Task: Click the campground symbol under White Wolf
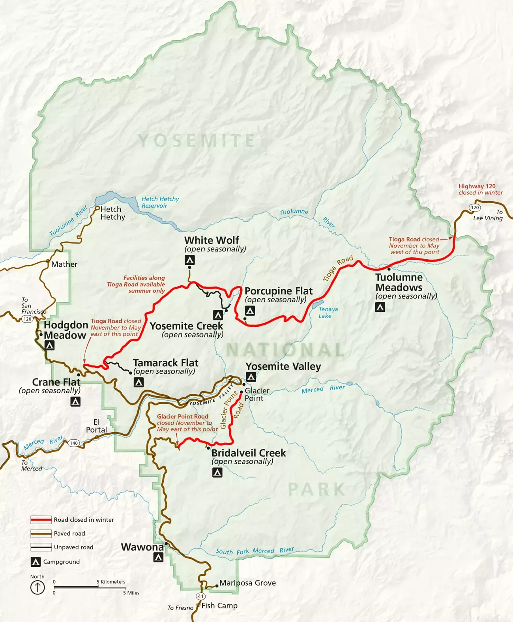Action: click(x=190, y=260)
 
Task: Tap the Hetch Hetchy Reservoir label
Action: click(x=160, y=202)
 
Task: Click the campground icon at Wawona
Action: click(x=158, y=557)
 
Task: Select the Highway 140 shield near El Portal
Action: click(x=74, y=443)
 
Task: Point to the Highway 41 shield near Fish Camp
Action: click(x=201, y=596)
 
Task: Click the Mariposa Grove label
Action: click(x=247, y=583)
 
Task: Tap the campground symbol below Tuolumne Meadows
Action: click(x=380, y=307)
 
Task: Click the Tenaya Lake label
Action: click(x=328, y=312)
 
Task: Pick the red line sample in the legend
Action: click(x=41, y=520)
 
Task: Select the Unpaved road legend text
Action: click(x=73, y=547)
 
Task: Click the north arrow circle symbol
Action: click(x=37, y=588)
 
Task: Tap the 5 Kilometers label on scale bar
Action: click(x=111, y=582)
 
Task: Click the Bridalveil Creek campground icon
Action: click(x=217, y=472)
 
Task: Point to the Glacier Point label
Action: click(x=256, y=394)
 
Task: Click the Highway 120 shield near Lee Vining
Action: click(x=475, y=208)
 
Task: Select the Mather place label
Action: click(x=64, y=264)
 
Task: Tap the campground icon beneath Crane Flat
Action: click(x=75, y=402)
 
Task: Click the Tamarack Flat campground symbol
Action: click(x=139, y=382)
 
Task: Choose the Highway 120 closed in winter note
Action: click(x=480, y=189)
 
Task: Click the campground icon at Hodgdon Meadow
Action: click(x=49, y=346)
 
